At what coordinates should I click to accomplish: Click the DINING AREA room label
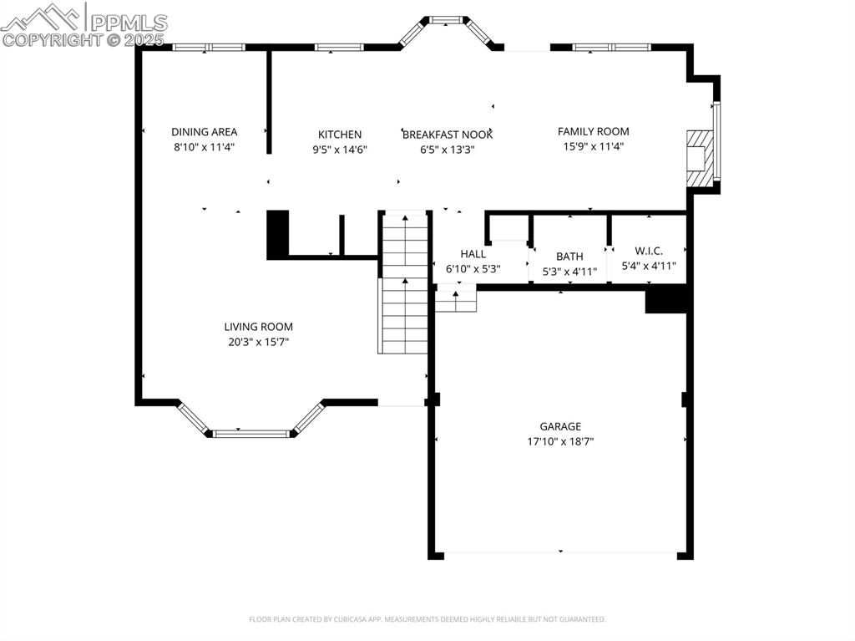204,131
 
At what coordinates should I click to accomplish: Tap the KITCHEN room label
340,135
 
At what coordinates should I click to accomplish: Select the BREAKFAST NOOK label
448,135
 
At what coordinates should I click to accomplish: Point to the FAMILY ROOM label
593,131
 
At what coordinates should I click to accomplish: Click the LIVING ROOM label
258,327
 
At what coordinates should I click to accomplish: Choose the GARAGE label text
559,426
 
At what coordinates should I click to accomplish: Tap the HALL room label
473,254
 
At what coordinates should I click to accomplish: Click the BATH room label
569,257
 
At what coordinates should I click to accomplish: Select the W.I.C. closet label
649,251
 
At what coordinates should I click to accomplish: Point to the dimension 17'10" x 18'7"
559,441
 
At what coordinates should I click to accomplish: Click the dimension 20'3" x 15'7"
258,342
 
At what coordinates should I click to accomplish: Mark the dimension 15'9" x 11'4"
593,146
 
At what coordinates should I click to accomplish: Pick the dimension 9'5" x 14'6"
340,150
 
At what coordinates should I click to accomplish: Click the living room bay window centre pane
250,434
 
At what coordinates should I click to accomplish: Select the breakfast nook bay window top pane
446,18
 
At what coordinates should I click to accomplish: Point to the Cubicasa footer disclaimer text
427,619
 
